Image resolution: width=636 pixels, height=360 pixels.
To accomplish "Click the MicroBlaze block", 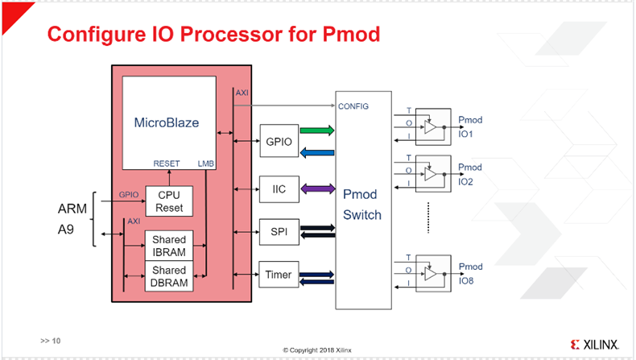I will pyautogui.click(x=169, y=122).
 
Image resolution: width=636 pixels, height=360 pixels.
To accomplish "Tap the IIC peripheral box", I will pyautogui.click(x=276, y=190).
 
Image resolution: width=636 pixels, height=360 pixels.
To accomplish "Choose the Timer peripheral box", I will pyautogui.click(x=276, y=275).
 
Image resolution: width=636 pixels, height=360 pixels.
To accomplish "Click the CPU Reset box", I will pyautogui.click(x=169, y=201).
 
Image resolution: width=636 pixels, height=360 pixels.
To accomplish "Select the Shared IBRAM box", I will pyautogui.click(x=169, y=244).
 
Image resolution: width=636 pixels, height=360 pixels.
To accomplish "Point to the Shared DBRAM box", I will pyautogui.click(x=169, y=275).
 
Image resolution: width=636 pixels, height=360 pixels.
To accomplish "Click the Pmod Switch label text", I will pyautogui.click(x=360, y=205).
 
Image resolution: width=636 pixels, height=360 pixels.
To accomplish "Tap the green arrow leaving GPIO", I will pyautogui.click(x=316, y=129).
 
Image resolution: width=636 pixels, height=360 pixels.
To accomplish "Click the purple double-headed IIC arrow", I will pyautogui.click(x=316, y=190).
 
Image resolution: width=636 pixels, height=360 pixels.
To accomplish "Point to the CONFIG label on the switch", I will pyautogui.click(x=354, y=106).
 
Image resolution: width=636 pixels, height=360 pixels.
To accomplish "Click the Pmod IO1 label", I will pyautogui.click(x=470, y=126).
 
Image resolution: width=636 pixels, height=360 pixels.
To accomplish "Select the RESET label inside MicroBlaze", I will pyautogui.click(x=166, y=163).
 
